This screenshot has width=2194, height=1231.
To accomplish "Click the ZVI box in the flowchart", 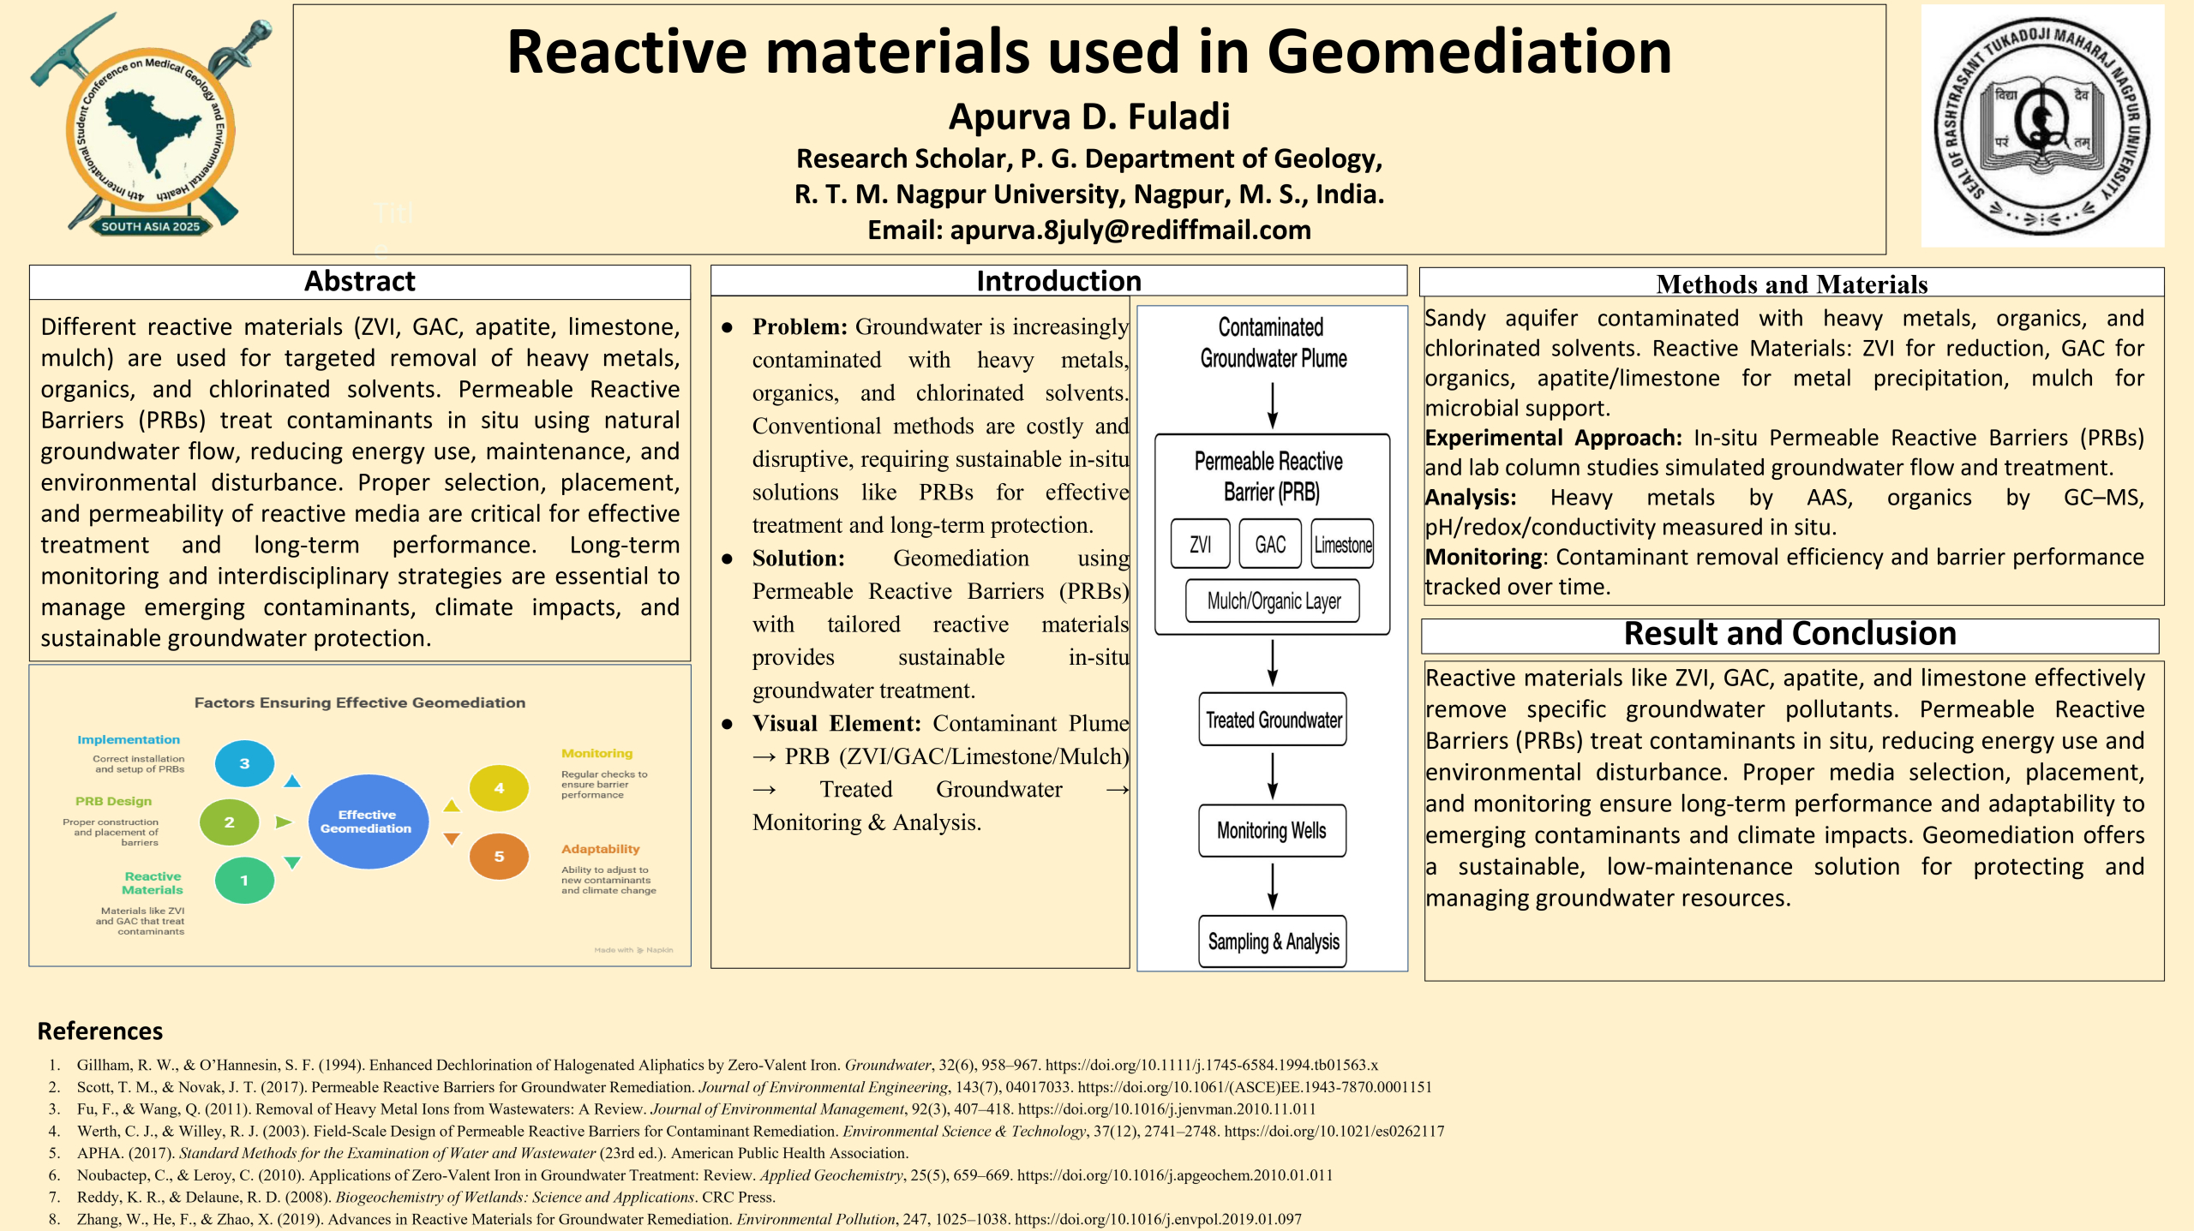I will [1200, 544].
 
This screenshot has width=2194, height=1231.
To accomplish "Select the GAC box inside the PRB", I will [1270, 544].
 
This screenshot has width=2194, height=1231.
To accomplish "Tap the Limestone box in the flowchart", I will [1343, 544].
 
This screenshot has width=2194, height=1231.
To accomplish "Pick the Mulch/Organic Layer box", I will [1274, 601].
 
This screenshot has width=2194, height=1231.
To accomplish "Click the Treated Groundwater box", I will [1273, 720].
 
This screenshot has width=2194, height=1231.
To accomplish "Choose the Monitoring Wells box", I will [1272, 830].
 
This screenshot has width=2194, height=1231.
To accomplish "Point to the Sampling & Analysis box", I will [1273, 941].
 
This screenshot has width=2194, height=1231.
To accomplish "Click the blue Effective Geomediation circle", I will [367, 822].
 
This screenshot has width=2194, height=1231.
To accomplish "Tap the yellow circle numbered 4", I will [499, 788].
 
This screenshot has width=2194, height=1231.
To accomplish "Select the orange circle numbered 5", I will [499, 857].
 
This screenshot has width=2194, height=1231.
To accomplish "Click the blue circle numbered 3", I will [244, 763].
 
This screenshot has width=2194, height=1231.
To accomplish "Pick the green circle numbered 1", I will [244, 881].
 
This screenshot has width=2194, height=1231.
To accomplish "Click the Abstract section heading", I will [360, 282].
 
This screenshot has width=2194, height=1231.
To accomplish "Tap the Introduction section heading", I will [1058, 281].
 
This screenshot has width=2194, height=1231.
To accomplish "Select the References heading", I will [100, 1031].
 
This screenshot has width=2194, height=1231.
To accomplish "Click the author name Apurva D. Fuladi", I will [1089, 117].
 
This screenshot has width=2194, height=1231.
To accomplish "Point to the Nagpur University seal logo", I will [2042, 126].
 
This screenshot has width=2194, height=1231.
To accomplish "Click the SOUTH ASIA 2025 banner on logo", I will [150, 227].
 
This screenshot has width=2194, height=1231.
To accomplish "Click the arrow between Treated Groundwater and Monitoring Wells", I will [1273, 775].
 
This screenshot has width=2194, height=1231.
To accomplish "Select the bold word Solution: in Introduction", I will [799, 559].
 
